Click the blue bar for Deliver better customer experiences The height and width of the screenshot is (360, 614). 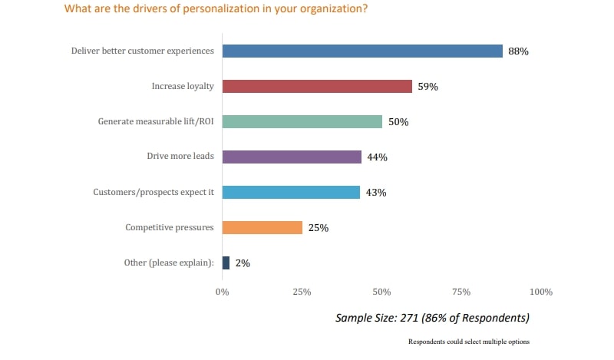[x=362, y=51]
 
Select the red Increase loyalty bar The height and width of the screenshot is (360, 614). [x=317, y=87]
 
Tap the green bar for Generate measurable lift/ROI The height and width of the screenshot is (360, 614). [x=302, y=121]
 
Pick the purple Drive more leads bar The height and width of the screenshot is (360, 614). [x=292, y=157]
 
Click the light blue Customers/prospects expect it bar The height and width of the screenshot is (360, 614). [x=291, y=192]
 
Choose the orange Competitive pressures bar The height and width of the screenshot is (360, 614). [x=262, y=227]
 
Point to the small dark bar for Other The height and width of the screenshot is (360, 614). [x=226, y=263]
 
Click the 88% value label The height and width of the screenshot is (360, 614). [x=519, y=51]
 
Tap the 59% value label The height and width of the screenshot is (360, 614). [x=427, y=87]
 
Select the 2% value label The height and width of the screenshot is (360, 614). [x=243, y=263]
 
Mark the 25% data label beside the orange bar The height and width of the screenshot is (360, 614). [x=319, y=228]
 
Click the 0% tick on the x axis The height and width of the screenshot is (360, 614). [x=222, y=292]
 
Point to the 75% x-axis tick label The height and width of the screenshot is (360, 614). [x=461, y=292]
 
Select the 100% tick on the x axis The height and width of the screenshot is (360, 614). [x=540, y=292]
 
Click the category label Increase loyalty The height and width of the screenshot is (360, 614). [x=183, y=87]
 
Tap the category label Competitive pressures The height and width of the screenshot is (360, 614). [x=170, y=227]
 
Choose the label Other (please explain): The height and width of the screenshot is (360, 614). [x=169, y=263]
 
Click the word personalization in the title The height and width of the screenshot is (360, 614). [x=203, y=10]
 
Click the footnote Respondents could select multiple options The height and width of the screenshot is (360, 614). [x=468, y=342]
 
